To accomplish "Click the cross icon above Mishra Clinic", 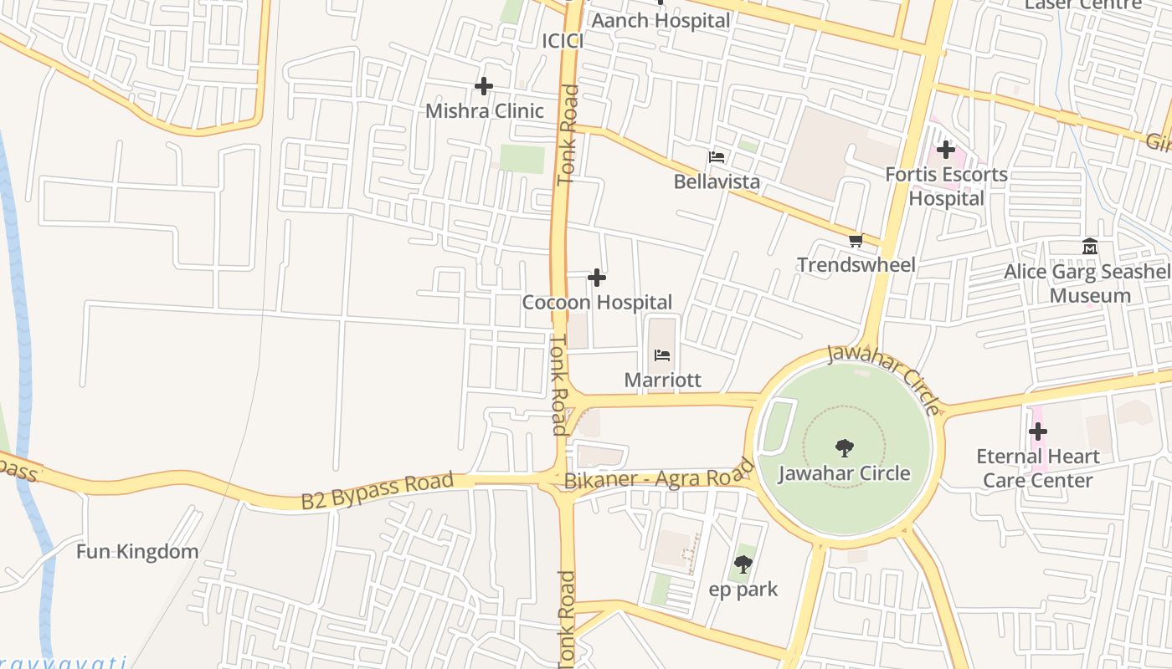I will pyautogui.click(x=484, y=86).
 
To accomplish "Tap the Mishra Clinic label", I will pyautogui.click(x=484, y=111).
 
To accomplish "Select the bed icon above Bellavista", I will pyautogui.click(x=717, y=157).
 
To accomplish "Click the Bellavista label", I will pyautogui.click(x=717, y=181).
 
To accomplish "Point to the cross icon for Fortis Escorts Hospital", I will pyautogui.click(x=946, y=151).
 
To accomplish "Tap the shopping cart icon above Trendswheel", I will pyautogui.click(x=856, y=241).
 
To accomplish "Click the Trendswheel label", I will pyautogui.click(x=856, y=265).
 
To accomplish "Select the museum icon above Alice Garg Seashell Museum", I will pyautogui.click(x=1090, y=247).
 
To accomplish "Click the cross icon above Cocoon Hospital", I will pyautogui.click(x=597, y=278).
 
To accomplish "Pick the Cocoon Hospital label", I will pyautogui.click(x=597, y=302).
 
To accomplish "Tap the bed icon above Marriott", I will pyautogui.click(x=662, y=355).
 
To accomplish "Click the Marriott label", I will pyautogui.click(x=662, y=380).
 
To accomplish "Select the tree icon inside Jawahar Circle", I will pyautogui.click(x=845, y=448).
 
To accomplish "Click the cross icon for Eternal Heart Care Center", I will pyautogui.click(x=1038, y=432).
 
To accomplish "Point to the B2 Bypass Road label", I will pyautogui.click(x=377, y=491).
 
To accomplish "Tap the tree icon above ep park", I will pyautogui.click(x=743, y=564).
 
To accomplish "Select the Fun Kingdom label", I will pyautogui.click(x=137, y=552).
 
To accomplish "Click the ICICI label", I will pyautogui.click(x=562, y=41).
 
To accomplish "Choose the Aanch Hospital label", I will pyautogui.click(x=661, y=20).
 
